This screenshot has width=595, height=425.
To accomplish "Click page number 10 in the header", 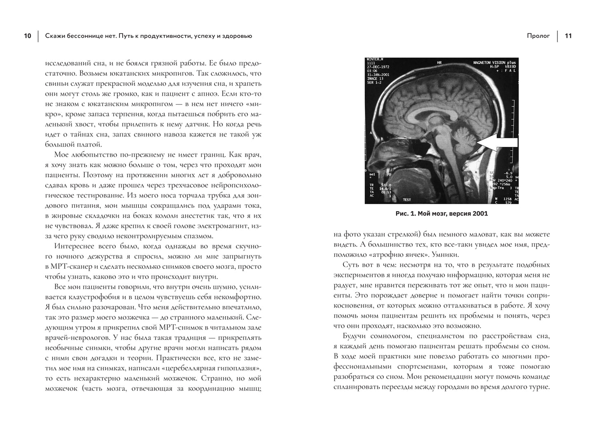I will (x=27, y=36).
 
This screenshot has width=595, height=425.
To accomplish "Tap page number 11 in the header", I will (x=568, y=36).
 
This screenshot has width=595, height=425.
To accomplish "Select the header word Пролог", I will (x=538, y=36).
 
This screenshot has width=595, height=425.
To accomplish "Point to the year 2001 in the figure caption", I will (x=480, y=214).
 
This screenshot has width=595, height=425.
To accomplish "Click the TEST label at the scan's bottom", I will (x=407, y=200).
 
